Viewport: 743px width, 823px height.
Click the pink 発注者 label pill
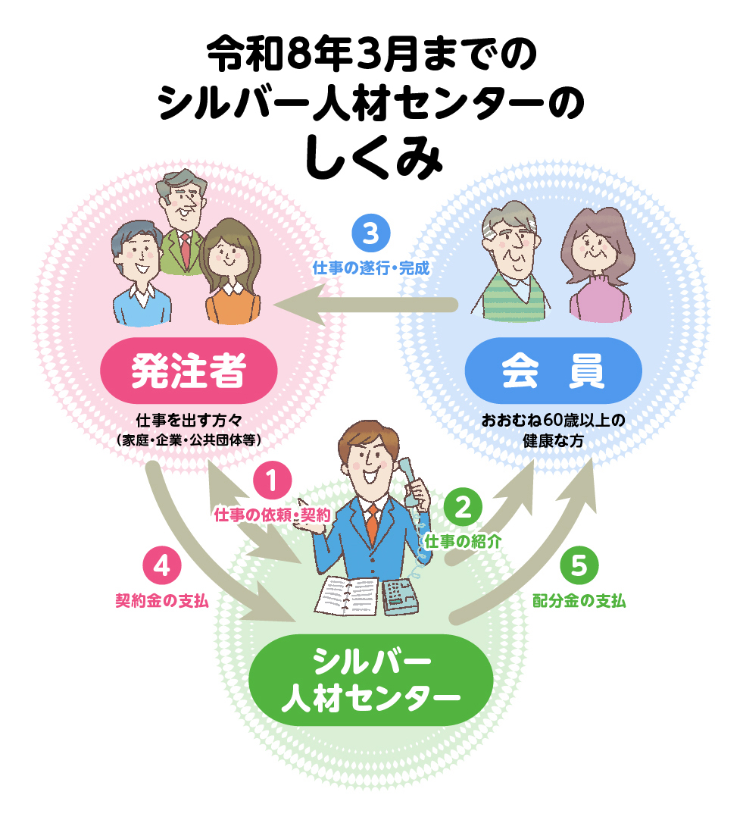[189, 371]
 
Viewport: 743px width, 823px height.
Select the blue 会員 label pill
[553, 371]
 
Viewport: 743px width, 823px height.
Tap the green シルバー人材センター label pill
[370, 679]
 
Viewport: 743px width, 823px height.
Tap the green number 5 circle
[579, 567]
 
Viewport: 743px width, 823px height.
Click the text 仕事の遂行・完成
[371, 268]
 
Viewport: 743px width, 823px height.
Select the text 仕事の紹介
[463, 541]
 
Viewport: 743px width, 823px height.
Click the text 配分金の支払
[579, 601]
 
